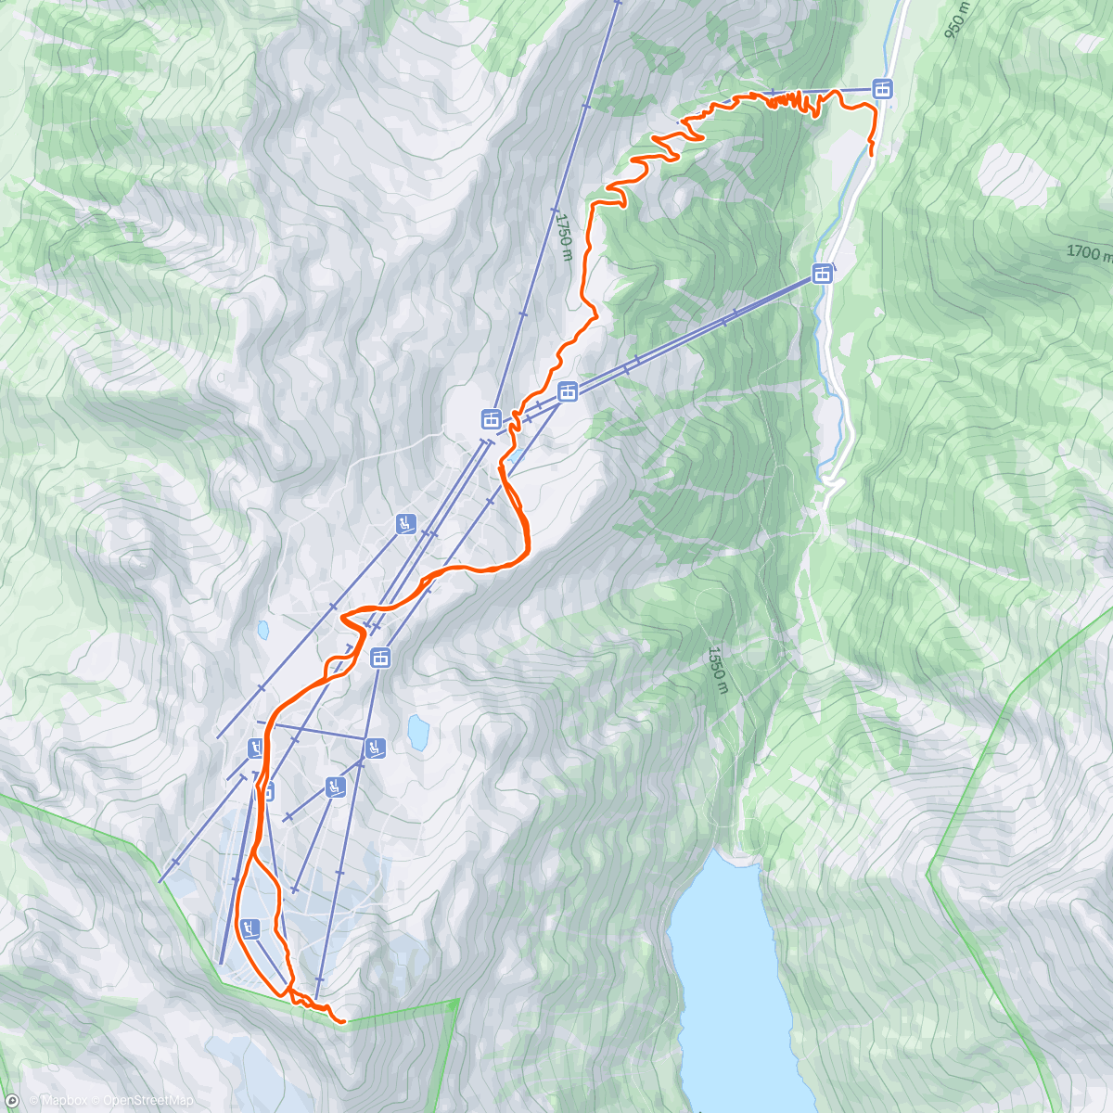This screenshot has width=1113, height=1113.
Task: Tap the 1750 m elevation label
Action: coord(565,237)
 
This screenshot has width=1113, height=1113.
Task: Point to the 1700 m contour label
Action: coord(1089,251)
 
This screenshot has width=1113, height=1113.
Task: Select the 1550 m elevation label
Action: coord(717,670)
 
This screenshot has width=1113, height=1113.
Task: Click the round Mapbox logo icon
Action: coord(12,1101)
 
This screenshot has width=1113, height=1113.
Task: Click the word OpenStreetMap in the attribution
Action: coord(147,1101)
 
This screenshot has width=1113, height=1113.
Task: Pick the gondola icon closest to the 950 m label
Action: coord(882,89)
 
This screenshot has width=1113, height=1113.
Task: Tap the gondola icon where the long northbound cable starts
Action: coord(491,419)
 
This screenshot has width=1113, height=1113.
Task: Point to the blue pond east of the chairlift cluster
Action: coord(418,732)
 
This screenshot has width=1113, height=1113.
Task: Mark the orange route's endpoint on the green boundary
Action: coord(343,1021)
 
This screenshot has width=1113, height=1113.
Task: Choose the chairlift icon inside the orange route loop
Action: coord(249,927)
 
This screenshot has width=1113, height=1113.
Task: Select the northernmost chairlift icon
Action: coord(405,523)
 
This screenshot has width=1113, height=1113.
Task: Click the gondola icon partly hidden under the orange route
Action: coord(267,791)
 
